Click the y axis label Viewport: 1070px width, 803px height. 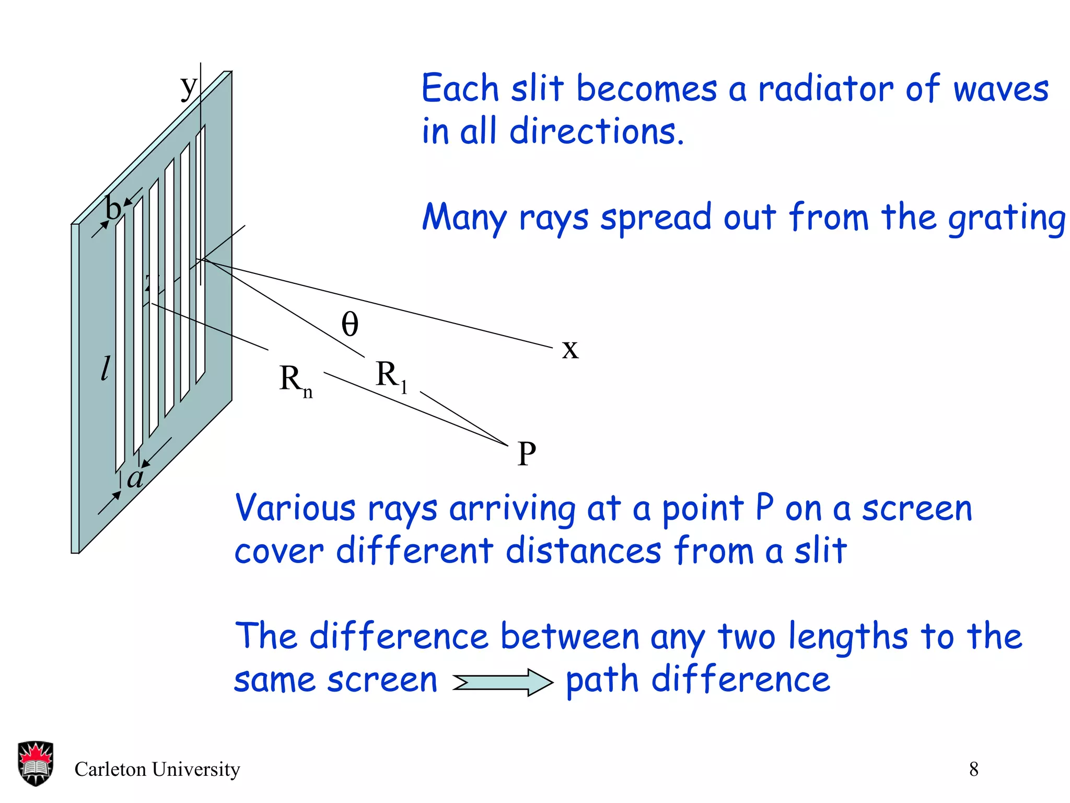point(189,87)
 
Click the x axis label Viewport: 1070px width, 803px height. point(570,349)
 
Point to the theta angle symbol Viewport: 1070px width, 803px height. point(350,324)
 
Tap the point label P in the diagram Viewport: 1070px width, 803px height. point(527,454)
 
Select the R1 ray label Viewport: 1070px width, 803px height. point(391,376)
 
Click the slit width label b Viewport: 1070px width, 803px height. point(113,209)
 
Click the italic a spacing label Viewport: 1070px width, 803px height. point(135,477)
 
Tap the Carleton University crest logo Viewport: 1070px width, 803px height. point(36,763)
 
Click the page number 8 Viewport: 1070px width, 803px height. point(974,769)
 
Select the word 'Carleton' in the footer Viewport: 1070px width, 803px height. point(110,769)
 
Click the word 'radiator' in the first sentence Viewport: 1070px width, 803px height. point(825,89)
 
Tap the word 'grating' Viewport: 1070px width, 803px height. point(1006,219)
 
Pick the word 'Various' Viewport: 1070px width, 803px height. point(295,508)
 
